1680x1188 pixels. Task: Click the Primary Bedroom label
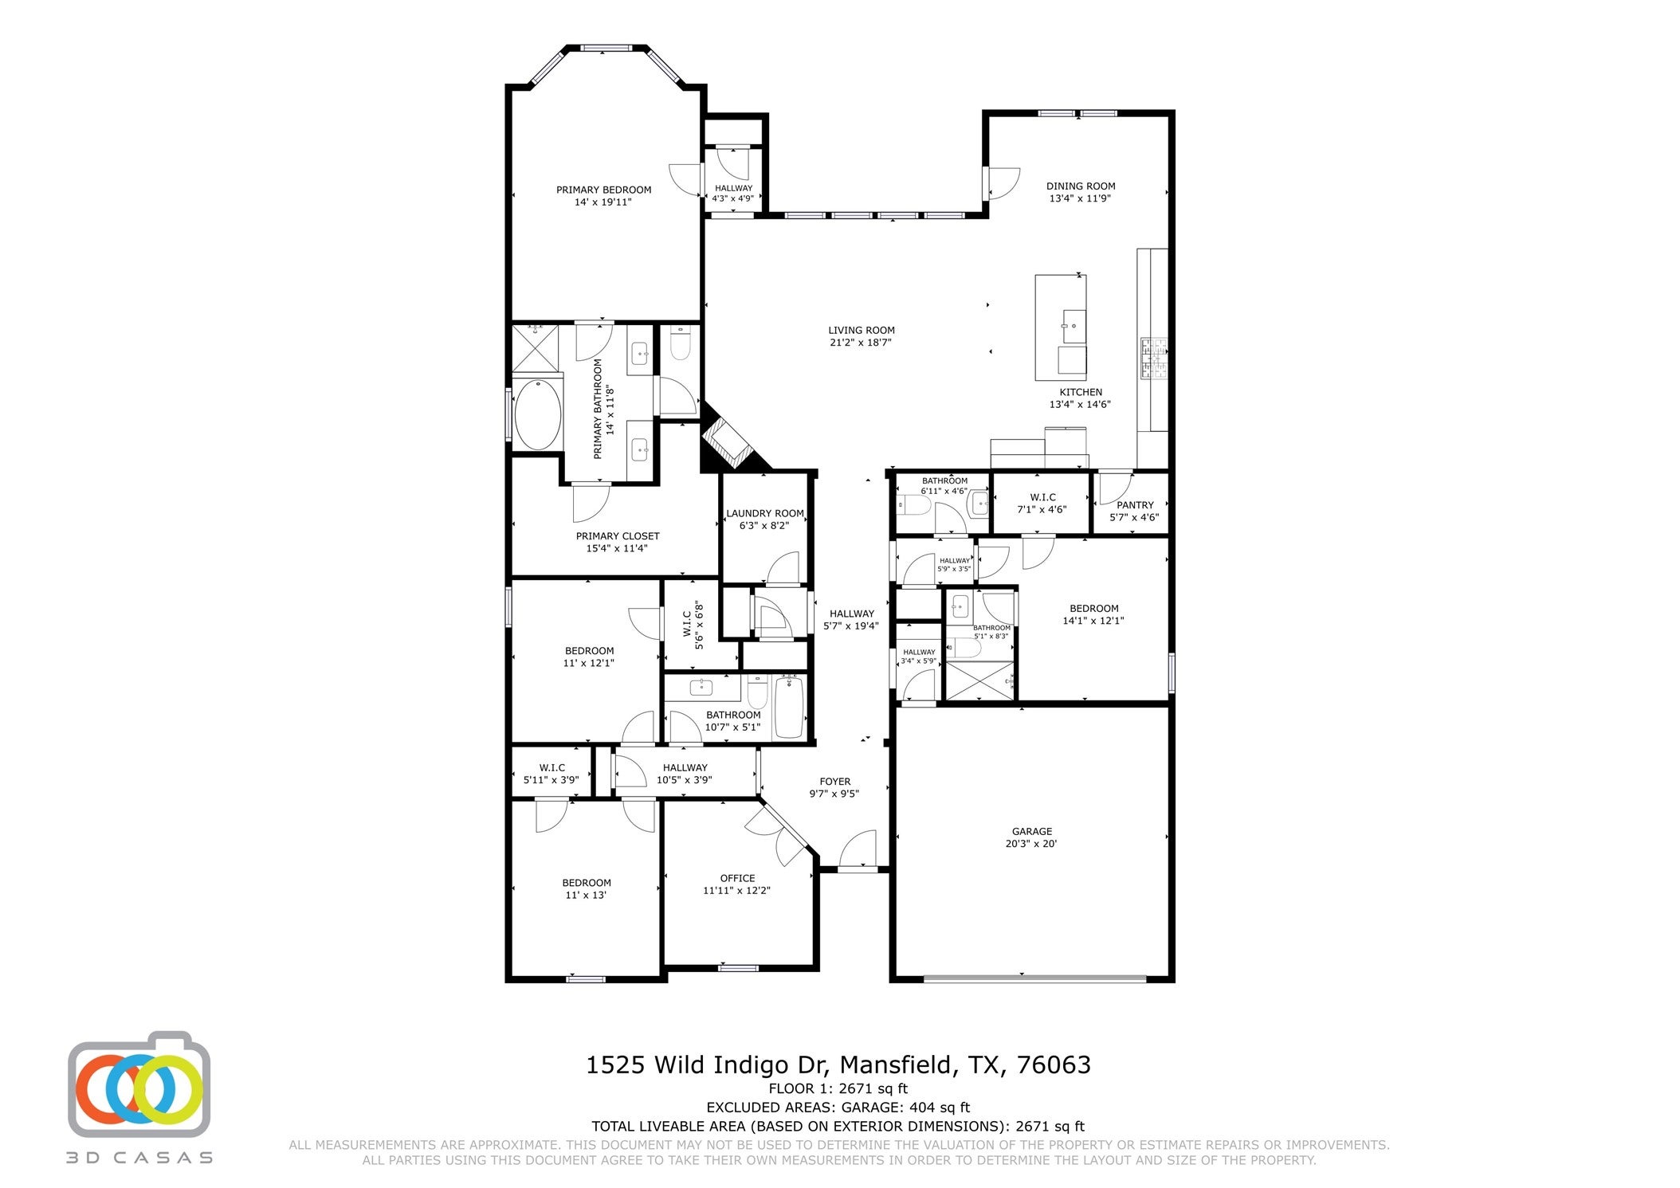coord(603,190)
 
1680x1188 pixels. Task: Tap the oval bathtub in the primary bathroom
coord(538,415)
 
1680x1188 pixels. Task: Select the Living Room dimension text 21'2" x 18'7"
coord(861,343)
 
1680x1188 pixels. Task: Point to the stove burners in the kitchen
coord(1155,358)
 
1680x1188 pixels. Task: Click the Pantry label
coord(1135,505)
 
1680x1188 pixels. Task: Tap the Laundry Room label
coord(764,513)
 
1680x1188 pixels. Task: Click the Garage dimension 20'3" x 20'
coord(1033,844)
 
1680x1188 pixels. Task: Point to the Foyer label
coord(834,782)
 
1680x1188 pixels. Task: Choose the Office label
coord(737,878)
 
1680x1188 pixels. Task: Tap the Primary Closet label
coord(618,536)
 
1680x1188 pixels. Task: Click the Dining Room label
coord(1080,186)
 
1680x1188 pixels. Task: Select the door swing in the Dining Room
coord(1004,182)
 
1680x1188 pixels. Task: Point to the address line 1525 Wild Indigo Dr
coord(838,1065)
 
